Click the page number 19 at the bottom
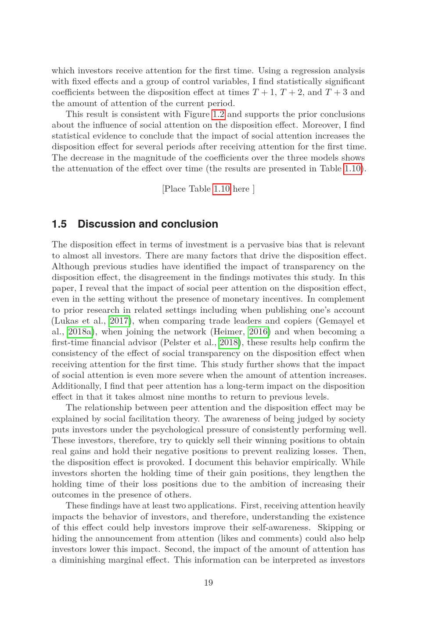pyautogui.click(x=209, y=583)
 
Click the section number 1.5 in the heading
pyautogui.click(x=59, y=224)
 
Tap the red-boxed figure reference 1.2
pyautogui.click(x=219, y=114)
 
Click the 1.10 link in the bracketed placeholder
pyautogui.click(x=222, y=189)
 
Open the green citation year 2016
pyautogui.click(x=258, y=332)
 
